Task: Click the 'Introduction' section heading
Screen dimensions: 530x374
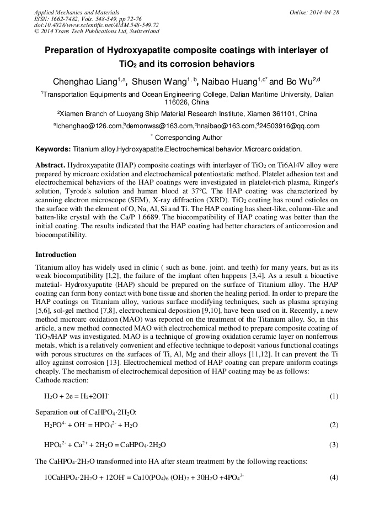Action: (x=56, y=255)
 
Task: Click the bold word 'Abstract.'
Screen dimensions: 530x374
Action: (x=51, y=165)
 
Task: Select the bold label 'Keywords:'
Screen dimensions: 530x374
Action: (x=53, y=149)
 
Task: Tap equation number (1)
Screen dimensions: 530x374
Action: (x=334, y=396)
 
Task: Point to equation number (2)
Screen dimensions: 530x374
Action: (x=334, y=425)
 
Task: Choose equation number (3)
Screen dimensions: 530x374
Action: (x=334, y=445)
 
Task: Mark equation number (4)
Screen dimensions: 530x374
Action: (x=334, y=477)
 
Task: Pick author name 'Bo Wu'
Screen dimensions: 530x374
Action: (x=298, y=82)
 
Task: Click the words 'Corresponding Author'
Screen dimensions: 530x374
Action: (x=189, y=138)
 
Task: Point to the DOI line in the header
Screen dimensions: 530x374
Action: (x=96, y=25)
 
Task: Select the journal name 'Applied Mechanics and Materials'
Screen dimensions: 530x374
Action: (x=76, y=12)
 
